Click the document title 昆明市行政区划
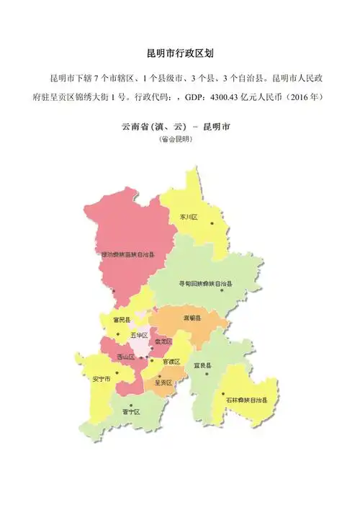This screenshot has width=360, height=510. point(179,54)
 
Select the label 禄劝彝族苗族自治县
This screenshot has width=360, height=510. point(134,254)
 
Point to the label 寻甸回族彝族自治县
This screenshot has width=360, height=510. point(206,284)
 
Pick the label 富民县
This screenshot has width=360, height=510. point(121,319)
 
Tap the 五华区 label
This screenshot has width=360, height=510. point(139,336)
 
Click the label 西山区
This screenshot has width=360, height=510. point(125,357)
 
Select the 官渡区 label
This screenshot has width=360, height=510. point(171,362)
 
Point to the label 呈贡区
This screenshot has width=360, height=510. point(164,382)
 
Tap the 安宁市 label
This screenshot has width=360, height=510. point(102,378)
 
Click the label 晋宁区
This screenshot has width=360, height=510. point(130,412)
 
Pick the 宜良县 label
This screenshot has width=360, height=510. point(202,366)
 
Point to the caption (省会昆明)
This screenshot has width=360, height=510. point(176,139)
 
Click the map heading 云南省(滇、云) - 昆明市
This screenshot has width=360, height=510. point(176,127)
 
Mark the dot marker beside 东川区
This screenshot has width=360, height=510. point(212,223)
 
